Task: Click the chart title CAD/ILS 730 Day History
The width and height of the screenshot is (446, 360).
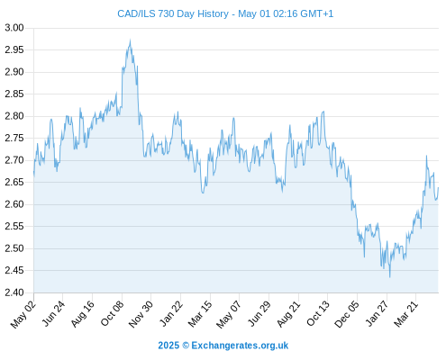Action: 173,13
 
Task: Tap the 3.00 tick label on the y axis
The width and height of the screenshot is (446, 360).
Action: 14,28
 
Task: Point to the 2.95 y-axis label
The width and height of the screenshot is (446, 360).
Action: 14,49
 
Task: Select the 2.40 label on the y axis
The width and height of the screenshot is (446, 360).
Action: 14,292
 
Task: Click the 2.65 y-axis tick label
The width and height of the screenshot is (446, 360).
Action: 14,182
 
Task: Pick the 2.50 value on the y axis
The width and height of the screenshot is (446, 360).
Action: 14,248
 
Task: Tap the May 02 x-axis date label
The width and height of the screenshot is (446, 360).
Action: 23,314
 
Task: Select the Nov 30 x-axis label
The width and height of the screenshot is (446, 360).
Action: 141,314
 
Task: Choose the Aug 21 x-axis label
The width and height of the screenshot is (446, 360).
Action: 288,314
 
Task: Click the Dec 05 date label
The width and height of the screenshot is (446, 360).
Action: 347,314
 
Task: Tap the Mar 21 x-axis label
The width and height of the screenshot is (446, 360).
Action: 406,314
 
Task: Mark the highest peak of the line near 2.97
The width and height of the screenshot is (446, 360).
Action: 130,40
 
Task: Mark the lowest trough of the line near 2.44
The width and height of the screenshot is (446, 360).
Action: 390,277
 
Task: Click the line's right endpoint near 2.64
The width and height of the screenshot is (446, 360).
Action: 439,187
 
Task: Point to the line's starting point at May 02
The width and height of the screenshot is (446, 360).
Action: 33,172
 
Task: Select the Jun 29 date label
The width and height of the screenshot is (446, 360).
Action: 259,314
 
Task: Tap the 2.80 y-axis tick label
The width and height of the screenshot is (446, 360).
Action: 14,116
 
